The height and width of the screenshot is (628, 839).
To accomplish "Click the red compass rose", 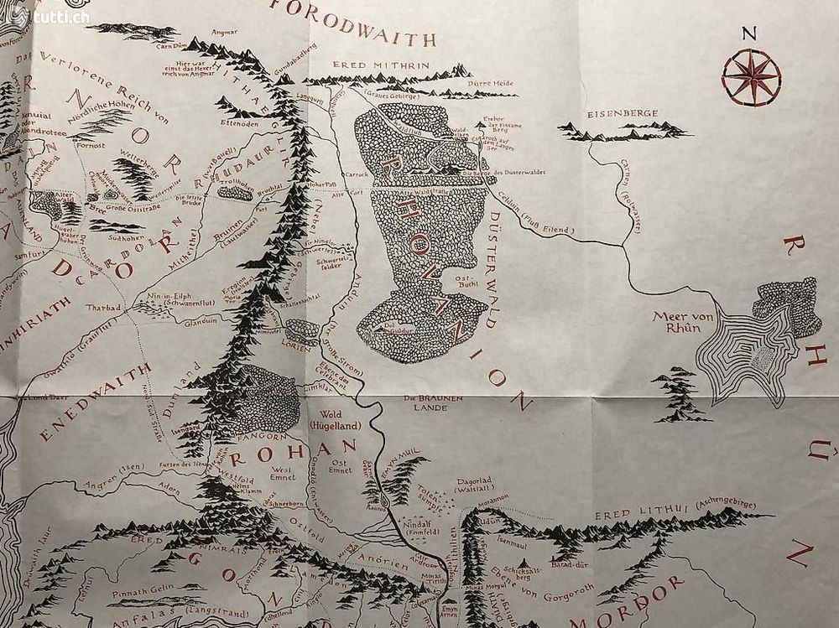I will tap(751, 76).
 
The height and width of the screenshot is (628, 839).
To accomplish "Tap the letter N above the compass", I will tap(749, 34).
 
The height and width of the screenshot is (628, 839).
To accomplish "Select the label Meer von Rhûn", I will tap(676, 323).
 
